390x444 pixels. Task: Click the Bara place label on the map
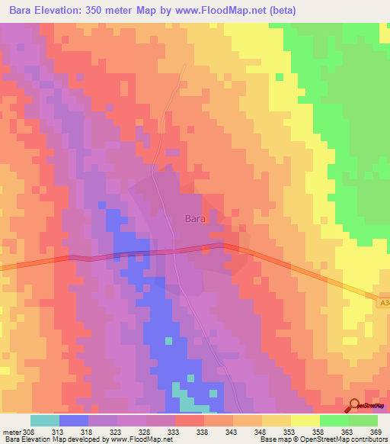[196, 217]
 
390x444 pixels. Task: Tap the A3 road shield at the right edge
[383, 304]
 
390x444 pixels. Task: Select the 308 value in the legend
[28, 433]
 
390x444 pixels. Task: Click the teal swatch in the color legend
[45, 420]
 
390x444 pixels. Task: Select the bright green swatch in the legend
[334, 420]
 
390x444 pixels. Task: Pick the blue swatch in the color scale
[74, 420]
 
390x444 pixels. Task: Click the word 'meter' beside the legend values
[10, 433]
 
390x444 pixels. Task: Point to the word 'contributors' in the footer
[363, 439]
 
